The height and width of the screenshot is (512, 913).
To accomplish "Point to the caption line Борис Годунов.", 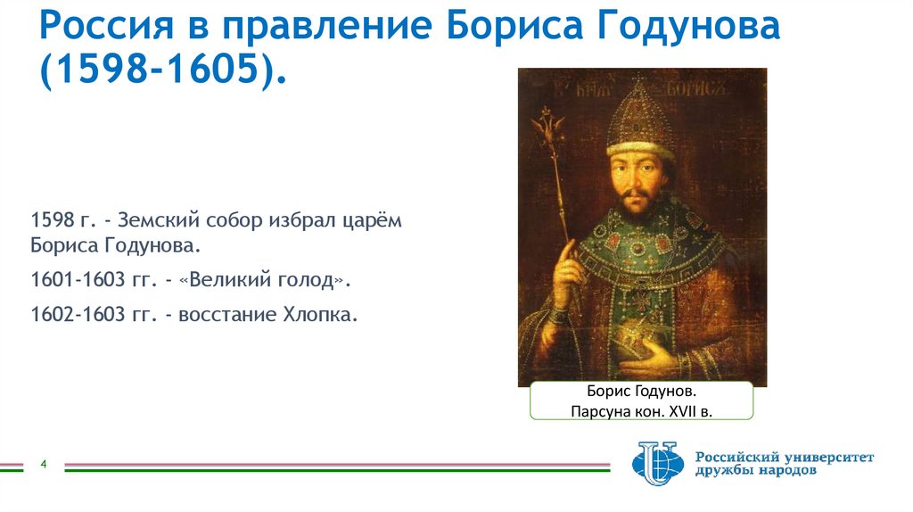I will pos(641,392).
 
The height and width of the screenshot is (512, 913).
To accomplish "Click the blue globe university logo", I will pos(655,464).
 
